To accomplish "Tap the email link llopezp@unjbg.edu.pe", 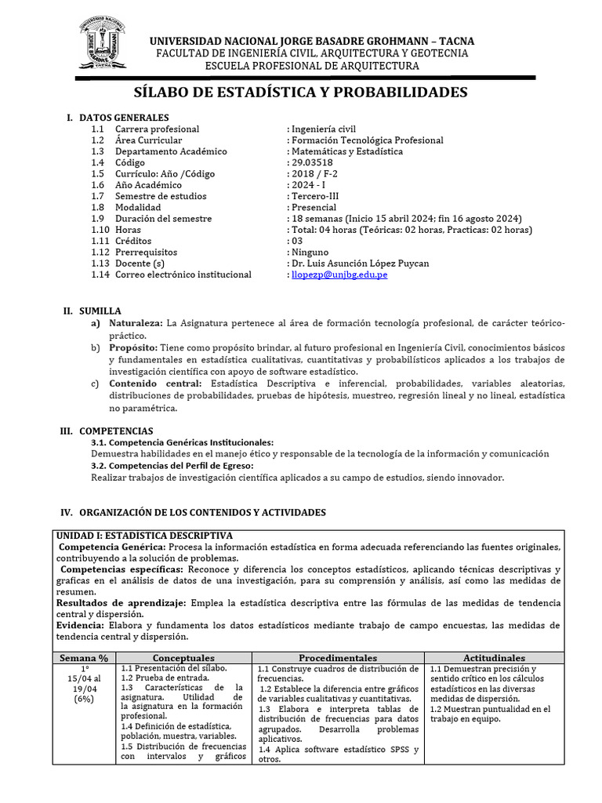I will pyautogui.click(x=338, y=274).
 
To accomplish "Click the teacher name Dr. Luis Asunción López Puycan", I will pyautogui.click(x=360, y=263).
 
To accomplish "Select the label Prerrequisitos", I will pyautogui.click(x=146, y=253).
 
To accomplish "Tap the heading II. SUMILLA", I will pyautogui.click(x=92, y=311).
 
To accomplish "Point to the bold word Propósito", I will pyautogui.click(x=133, y=347).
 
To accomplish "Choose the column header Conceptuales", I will pyautogui.click(x=183, y=657).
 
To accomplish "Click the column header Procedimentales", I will pyautogui.click(x=338, y=657).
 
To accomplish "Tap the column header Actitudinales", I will pyautogui.click(x=494, y=657).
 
